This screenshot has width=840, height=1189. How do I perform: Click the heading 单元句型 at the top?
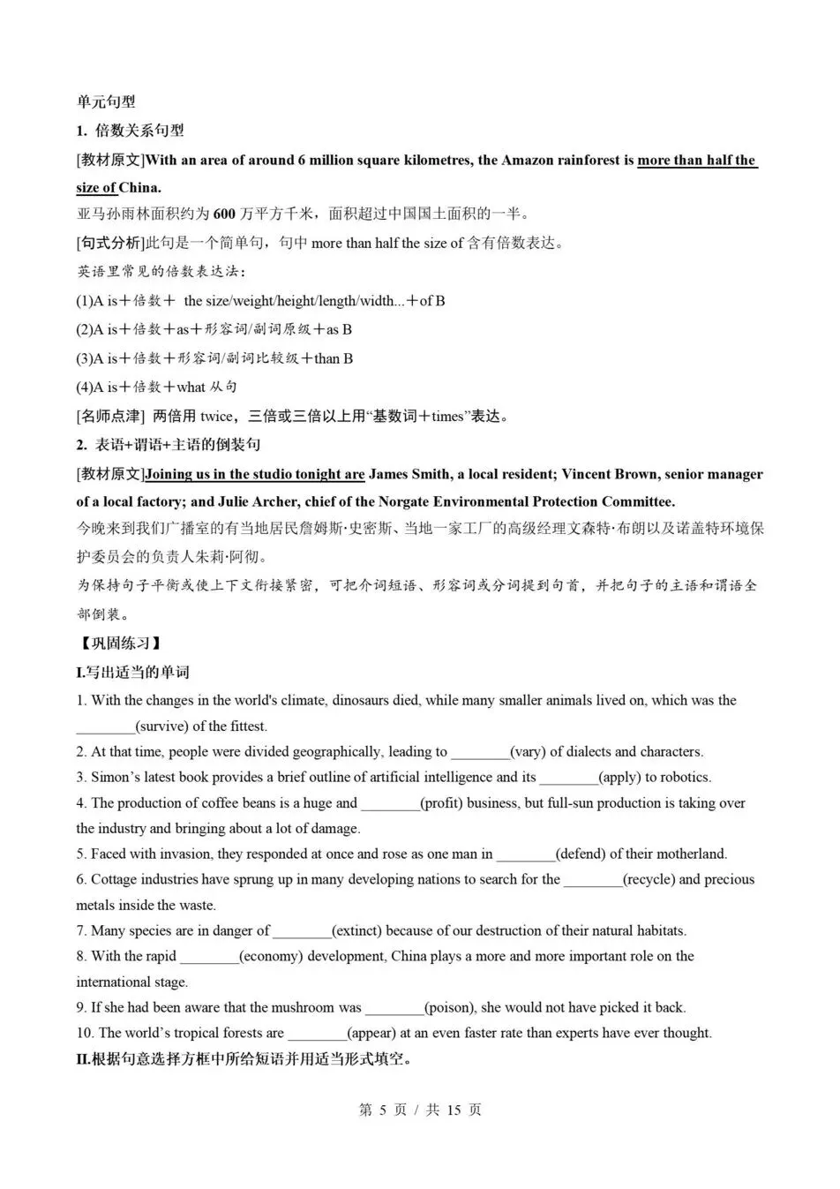click(106, 102)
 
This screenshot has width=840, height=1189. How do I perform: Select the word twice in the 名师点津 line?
click(217, 416)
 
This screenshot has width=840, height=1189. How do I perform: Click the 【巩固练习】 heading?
click(119, 643)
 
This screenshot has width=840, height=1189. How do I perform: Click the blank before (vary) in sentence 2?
click(480, 752)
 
